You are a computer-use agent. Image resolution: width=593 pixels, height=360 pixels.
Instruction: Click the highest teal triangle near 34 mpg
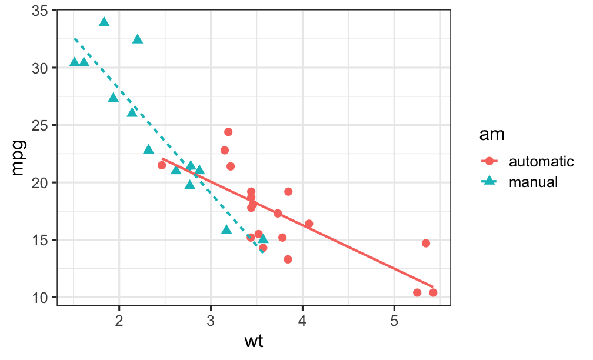(104, 22)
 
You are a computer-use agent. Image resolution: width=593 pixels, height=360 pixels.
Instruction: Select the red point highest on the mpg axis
(228, 132)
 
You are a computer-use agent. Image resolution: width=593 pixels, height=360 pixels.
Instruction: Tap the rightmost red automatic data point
(433, 292)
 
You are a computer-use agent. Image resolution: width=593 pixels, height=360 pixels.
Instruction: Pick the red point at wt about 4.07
(309, 224)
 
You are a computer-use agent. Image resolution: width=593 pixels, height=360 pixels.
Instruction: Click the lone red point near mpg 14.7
(426, 243)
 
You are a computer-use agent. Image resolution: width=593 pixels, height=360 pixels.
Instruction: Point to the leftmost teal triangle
(75, 62)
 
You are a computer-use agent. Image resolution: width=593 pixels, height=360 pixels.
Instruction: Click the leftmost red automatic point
(162, 165)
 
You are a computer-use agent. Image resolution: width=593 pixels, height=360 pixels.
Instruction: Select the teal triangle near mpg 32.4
(138, 39)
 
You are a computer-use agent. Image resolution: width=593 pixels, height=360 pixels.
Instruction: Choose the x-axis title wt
(254, 341)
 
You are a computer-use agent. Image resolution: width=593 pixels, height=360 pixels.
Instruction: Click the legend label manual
(533, 182)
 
